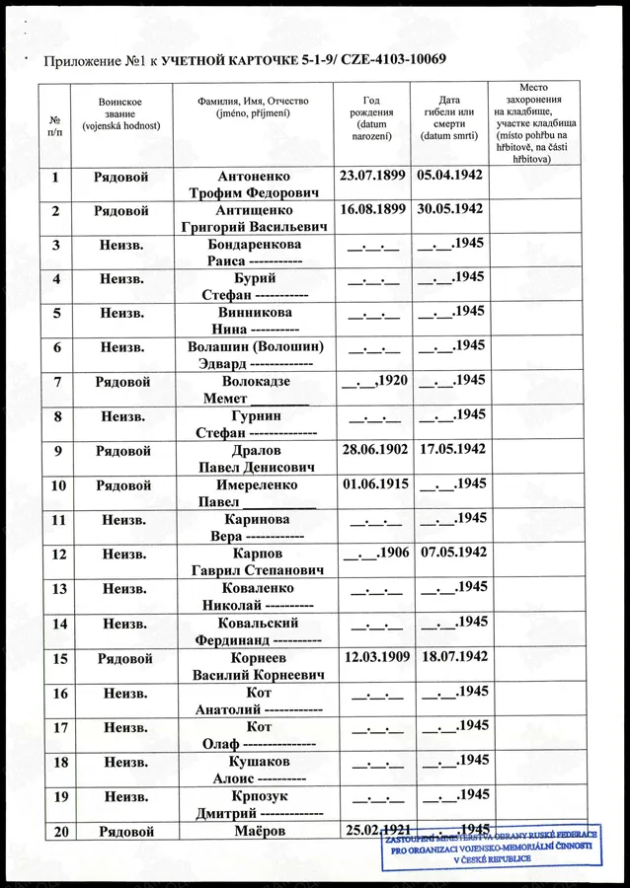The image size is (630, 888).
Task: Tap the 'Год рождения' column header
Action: point(371,117)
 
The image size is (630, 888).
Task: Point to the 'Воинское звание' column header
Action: point(120,113)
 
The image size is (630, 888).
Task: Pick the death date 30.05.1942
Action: point(450,209)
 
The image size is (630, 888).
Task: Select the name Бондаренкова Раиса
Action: point(256,253)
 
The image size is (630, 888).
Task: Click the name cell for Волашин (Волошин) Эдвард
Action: point(256,355)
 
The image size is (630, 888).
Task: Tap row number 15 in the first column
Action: point(60,657)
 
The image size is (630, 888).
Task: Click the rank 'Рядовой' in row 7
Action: point(122,381)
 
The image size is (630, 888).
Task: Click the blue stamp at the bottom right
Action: point(505,845)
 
